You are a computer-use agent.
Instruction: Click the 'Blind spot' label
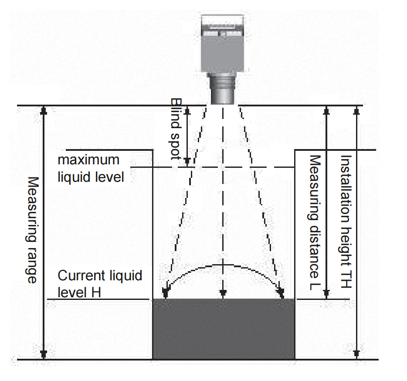(x=176, y=129)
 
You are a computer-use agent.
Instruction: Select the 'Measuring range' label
(x=33, y=230)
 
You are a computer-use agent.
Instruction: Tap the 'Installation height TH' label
(x=346, y=221)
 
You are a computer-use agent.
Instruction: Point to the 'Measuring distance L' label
(x=315, y=222)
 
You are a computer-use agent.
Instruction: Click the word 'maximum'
(x=88, y=160)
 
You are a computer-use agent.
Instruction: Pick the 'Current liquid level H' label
(x=100, y=284)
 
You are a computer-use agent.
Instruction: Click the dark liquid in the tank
(x=224, y=329)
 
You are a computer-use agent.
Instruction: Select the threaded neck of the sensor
(x=222, y=88)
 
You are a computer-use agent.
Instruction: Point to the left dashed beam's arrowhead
(x=165, y=293)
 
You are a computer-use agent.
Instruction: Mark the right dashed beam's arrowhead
(x=281, y=293)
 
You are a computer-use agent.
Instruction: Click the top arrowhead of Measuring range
(x=44, y=110)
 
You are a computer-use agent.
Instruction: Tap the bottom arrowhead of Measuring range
(x=44, y=354)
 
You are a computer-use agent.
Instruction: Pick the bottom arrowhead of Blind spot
(x=187, y=162)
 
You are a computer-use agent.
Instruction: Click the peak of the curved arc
(x=223, y=265)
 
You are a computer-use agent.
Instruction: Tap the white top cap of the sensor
(x=222, y=20)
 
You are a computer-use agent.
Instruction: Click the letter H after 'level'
(x=95, y=293)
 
